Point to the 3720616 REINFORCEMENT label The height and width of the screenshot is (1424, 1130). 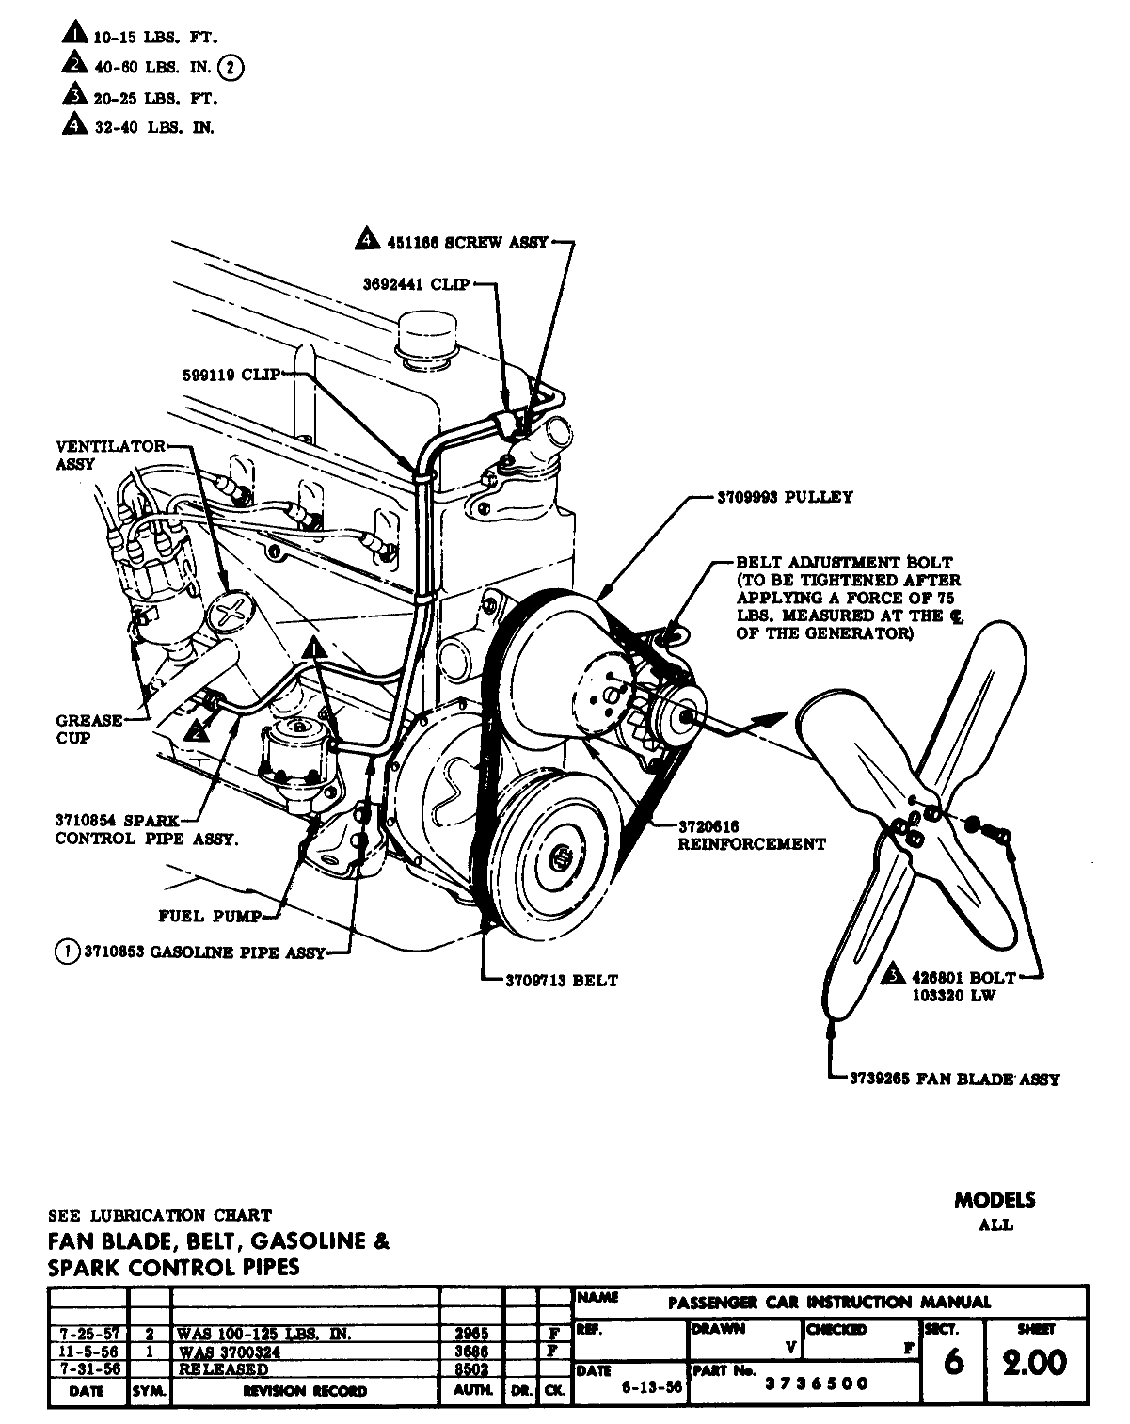(x=751, y=836)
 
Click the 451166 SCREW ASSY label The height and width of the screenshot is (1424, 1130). (x=467, y=242)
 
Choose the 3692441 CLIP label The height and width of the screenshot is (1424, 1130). (x=416, y=283)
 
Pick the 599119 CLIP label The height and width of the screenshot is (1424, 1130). (x=231, y=375)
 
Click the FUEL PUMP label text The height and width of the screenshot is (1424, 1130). (x=210, y=916)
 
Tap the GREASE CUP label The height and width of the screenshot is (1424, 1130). (x=88, y=729)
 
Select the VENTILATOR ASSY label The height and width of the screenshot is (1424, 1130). (x=109, y=455)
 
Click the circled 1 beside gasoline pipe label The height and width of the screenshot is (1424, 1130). (x=67, y=952)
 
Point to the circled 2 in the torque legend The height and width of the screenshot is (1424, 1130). (x=231, y=68)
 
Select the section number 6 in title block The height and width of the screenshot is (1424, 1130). (x=952, y=1362)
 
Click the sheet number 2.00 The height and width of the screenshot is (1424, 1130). (x=1035, y=1362)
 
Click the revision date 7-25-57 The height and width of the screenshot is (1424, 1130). (x=86, y=1334)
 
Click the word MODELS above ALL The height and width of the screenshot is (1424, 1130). (x=995, y=1200)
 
